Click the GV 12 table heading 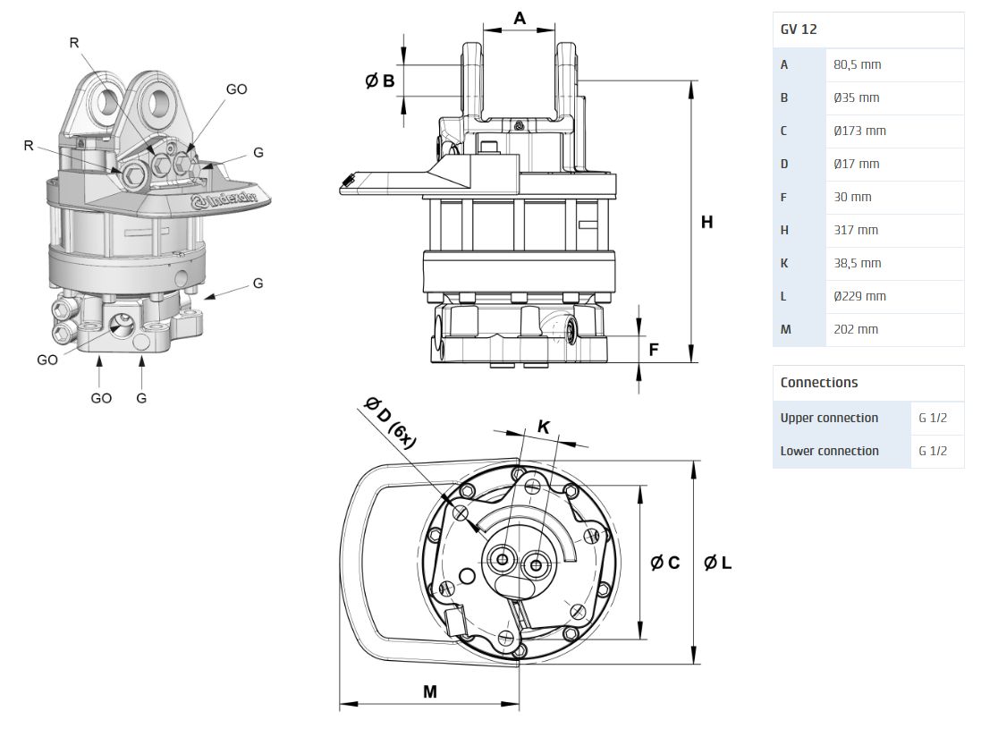[x=799, y=30]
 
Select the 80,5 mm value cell [x=857, y=65]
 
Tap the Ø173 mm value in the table [x=859, y=131]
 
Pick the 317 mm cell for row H [x=856, y=231]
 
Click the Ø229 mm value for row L [x=859, y=297]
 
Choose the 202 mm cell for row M [x=856, y=330]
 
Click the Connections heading [x=818, y=383]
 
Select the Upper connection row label [x=829, y=419]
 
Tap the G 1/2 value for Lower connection [x=933, y=452]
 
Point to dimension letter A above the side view [x=520, y=18]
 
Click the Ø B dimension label [x=380, y=81]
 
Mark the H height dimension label [x=706, y=222]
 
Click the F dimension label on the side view [x=654, y=350]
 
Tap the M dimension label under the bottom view [x=429, y=691]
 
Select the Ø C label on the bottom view [x=665, y=563]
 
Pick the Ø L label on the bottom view [x=718, y=563]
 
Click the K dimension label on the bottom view [x=543, y=427]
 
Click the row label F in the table [x=784, y=198]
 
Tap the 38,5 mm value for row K [x=857, y=264]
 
